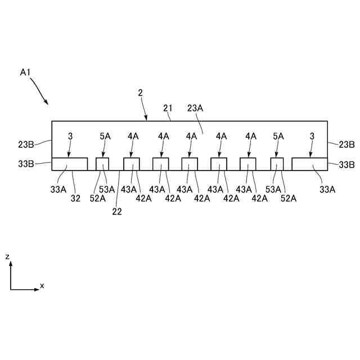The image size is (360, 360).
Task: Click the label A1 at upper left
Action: click(25, 72)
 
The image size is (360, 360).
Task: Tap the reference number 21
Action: click(168, 109)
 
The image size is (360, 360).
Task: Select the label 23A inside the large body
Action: click(196, 109)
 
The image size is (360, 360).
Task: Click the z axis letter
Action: click(7, 256)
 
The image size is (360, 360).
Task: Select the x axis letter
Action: click(42, 286)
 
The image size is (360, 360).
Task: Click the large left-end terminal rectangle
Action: click(70, 164)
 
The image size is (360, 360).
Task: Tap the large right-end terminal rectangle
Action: click(309, 164)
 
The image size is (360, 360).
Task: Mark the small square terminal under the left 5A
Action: click(102, 164)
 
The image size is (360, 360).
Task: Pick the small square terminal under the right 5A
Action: click(277, 164)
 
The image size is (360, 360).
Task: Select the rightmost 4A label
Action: click(250, 136)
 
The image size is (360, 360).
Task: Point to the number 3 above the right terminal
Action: click(312, 136)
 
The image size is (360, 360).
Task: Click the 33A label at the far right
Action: click(328, 190)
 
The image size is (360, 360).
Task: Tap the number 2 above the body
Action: click(139, 93)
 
